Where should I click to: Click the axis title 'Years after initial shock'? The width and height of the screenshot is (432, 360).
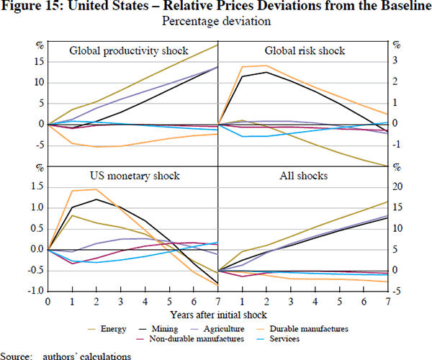pyautogui.click(x=217, y=315)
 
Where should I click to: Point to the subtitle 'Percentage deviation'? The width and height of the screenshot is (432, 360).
pyautogui.click(x=216, y=22)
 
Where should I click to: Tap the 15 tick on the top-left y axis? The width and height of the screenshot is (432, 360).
pyautogui.click(x=39, y=60)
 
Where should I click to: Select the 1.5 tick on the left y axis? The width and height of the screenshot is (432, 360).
pyautogui.click(x=36, y=186)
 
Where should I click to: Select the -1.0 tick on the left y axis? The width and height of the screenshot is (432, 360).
pyautogui.click(x=34, y=292)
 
